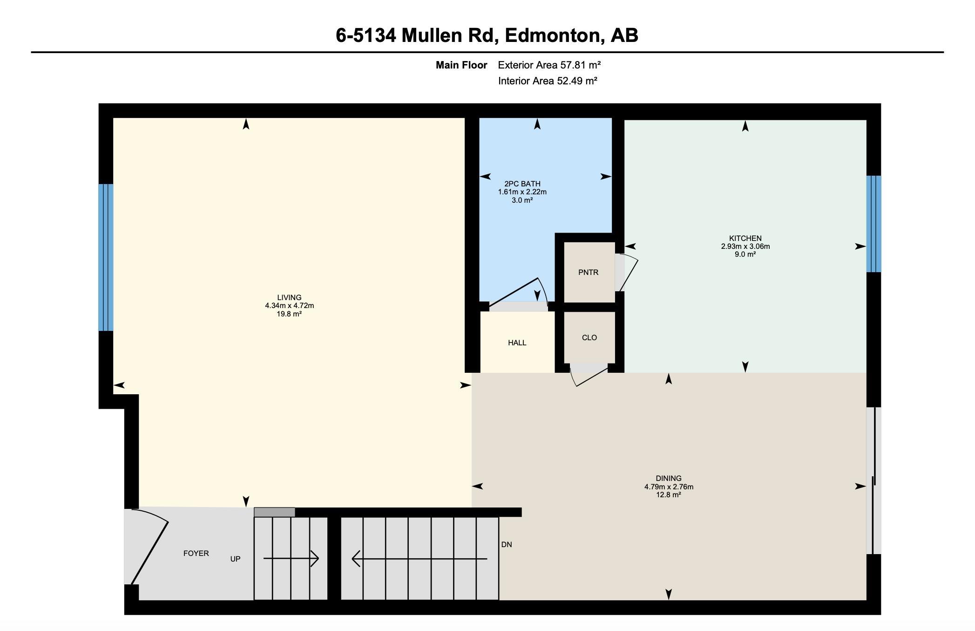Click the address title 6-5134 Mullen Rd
point(417,35)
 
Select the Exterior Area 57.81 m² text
point(549,65)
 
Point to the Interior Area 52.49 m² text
point(548,81)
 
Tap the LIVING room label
point(289,297)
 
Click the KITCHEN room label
point(745,239)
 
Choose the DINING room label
point(669,478)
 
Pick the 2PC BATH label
point(522,184)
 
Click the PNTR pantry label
point(589,273)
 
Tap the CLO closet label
point(589,338)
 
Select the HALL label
point(517,343)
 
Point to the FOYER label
point(196,554)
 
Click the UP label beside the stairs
point(235,559)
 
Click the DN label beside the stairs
point(507,545)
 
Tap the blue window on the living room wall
point(106,258)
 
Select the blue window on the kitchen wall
point(873,224)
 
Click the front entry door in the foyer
point(149,553)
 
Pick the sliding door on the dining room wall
point(874,480)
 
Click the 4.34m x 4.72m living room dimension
point(289,306)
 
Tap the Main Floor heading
point(461,65)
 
